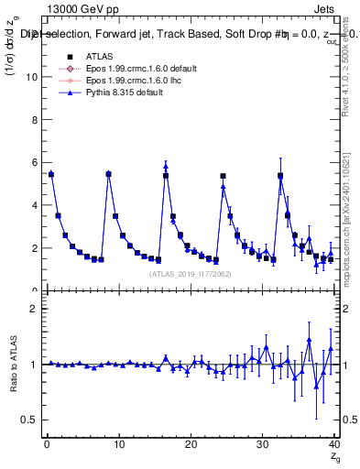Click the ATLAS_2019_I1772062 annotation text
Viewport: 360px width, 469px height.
tap(191, 273)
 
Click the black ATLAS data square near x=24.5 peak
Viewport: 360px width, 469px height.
tap(223, 176)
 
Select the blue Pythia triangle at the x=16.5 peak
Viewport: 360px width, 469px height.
tap(166, 167)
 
